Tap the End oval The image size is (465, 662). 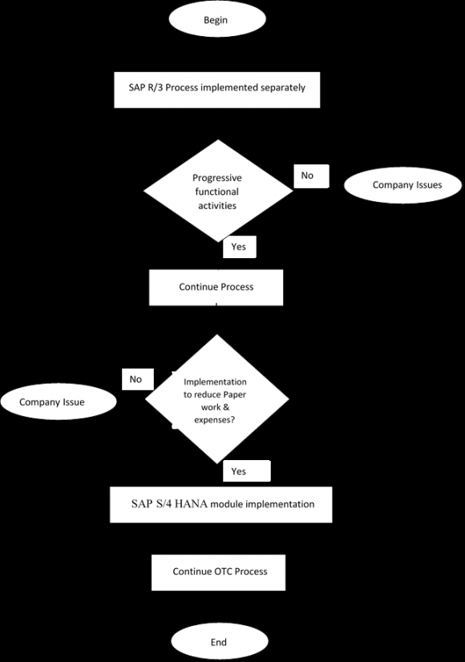tap(218, 642)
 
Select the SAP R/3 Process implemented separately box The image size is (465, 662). tap(217, 87)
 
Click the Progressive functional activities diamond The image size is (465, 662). tap(217, 192)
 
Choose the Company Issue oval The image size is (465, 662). tap(52, 402)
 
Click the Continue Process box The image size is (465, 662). tap(216, 287)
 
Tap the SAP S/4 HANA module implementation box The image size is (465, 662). tap(222, 504)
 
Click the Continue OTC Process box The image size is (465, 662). tap(219, 572)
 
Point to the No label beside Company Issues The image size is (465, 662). tap(307, 176)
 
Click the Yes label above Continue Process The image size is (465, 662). tap(238, 247)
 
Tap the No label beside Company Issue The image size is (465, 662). tap(135, 379)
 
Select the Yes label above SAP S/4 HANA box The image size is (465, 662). tap(238, 471)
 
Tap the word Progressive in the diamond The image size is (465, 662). tap(217, 178)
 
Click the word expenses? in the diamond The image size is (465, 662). tap(215, 419)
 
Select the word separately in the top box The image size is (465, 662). tap(280, 87)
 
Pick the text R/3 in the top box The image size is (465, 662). tap(156, 87)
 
